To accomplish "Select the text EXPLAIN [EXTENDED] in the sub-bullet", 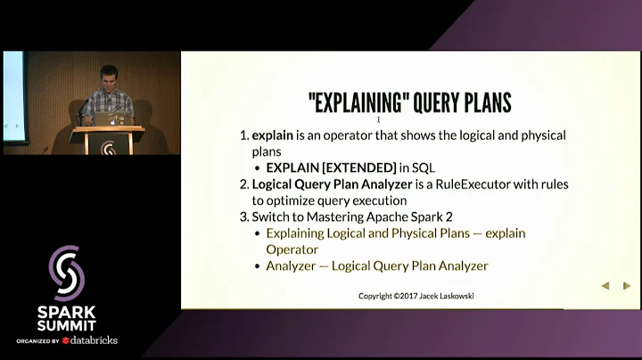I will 331,168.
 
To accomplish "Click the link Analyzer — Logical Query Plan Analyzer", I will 376,266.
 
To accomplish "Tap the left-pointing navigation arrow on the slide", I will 605,286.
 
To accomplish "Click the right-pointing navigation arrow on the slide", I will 627,286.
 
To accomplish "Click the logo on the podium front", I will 107,146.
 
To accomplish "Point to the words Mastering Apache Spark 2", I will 383,217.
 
